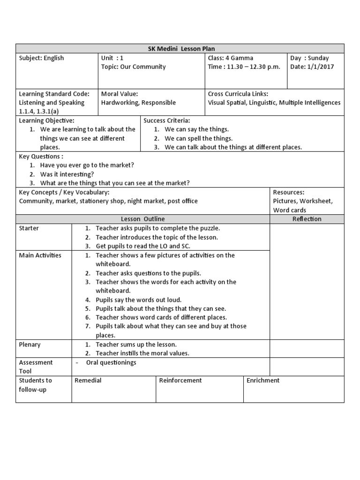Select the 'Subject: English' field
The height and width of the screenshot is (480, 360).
coord(41,58)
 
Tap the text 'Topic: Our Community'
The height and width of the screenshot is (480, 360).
coord(133,67)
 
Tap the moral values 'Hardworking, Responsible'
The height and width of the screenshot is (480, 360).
coord(138,103)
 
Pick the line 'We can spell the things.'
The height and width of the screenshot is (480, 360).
coord(198,138)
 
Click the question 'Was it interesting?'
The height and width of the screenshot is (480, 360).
coord(67,174)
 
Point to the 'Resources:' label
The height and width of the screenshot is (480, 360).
coord(289,192)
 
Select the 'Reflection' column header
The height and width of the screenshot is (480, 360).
coord(307,219)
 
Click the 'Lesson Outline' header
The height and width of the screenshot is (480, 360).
coord(142,219)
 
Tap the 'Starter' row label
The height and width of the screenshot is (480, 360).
coord(29,228)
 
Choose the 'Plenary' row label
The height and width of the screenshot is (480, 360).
coord(30,345)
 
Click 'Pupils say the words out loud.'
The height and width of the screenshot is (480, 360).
coord(138,300)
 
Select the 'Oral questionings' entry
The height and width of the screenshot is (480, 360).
coord(111,362)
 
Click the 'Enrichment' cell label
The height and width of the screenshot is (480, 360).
coord(263,380)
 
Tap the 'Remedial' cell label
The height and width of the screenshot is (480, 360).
coord(88,380)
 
